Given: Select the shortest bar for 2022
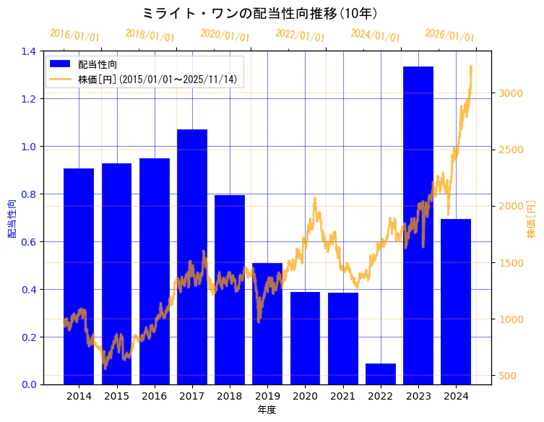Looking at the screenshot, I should [x=380, y=374].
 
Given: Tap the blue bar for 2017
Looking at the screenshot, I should [x=191, y=257].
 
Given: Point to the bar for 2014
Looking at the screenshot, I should [x=79, y=276].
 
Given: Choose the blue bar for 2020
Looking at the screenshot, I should [x=305, y=338].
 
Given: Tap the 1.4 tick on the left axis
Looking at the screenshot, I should [x=29, y=51].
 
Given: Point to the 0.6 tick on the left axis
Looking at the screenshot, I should [x=29, y=242].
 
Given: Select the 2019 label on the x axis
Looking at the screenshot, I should [x=267, y=397].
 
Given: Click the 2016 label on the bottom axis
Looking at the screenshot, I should [x=154, y=397].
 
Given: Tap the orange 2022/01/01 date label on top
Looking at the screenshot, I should [x=300, y=35].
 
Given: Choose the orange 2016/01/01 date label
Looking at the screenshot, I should [x=74, y=35].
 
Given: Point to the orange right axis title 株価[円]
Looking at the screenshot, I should [x=531, y=218].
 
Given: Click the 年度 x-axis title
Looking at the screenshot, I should [x=267, y=410].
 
